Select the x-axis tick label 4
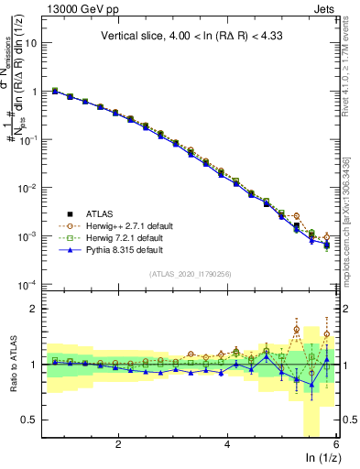pyautogui.click(x=227, y=442)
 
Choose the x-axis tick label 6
pyautogui.click(x=336, y=442)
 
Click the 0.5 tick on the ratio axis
pyautogui.click(x=34, y=420)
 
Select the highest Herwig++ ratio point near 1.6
pyautogui.click(x=296, y=329)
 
